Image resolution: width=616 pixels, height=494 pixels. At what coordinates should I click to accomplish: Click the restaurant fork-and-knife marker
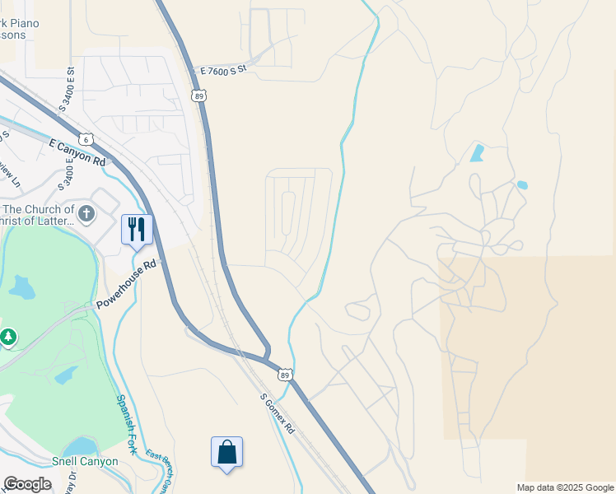click(x=137, y=229)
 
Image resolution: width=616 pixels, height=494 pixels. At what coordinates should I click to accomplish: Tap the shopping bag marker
click(x=226, y=452)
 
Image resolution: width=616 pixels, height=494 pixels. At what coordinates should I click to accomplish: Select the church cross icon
click(x=87, y=214)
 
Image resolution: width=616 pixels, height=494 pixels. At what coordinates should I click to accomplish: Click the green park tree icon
click(x=7, y=337)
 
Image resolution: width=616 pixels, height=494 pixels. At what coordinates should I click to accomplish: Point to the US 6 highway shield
click(x=86, y=139)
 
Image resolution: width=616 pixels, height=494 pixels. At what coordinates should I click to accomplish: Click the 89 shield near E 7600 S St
click(x=200, y=96)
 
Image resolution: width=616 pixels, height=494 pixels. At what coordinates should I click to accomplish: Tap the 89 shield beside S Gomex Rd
click(x=285, y=375)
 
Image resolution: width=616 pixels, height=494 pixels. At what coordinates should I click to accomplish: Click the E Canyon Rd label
click(x=78, y=152)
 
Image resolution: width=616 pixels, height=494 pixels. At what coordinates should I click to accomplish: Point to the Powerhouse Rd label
click(x=126, y=286)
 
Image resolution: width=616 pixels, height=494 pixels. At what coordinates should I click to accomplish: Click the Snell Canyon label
click(x=85, y=461)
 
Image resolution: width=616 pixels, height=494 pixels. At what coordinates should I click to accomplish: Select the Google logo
click(x=26, y=484)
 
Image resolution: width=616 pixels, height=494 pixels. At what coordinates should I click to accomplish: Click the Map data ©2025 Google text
click(x=565, y=487)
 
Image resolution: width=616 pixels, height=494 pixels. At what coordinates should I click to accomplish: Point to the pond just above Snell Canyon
click(x=81, y=445)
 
